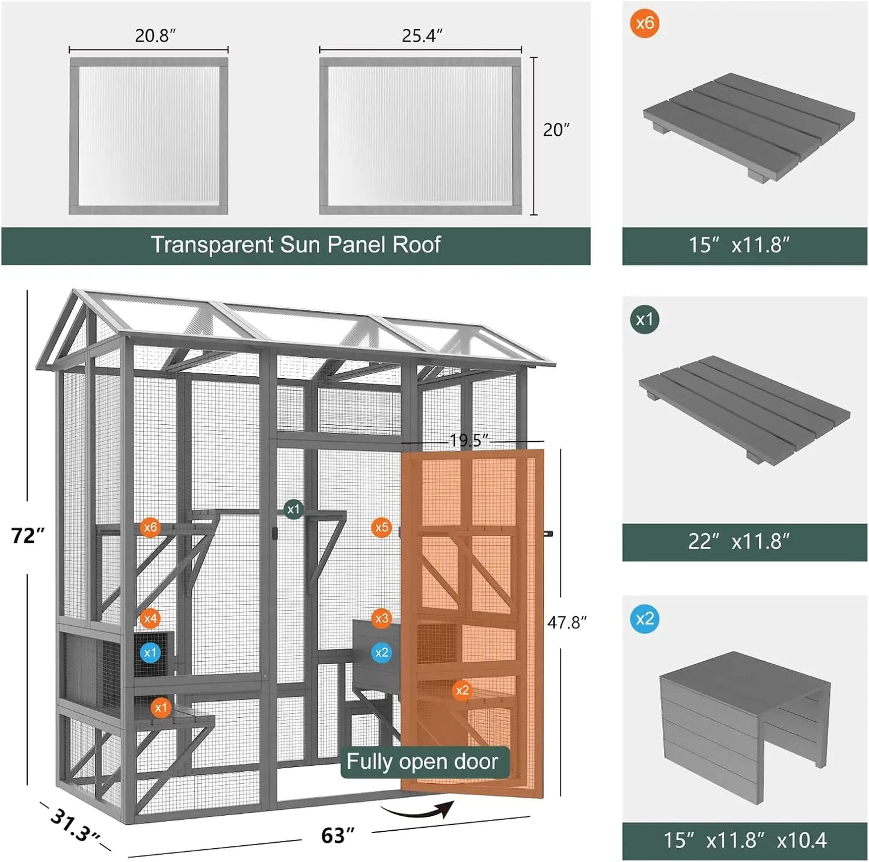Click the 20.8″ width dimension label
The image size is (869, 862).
tap(155, 36)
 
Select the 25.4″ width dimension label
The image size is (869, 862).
tap(422, 36)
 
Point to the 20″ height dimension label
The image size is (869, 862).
tap(556, 130)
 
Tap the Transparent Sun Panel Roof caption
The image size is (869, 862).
tap(295, 245)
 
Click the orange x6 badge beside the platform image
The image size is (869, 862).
tap(645, 23)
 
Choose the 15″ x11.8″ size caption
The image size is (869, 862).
tap(739, 245)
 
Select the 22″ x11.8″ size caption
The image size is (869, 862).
tap(739, 542)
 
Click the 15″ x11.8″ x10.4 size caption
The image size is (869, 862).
tap(745, 840)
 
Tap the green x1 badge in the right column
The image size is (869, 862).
tap(645, 320)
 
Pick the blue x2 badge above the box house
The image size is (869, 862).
tap(645, 619)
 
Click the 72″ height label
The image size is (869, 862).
tap(28, 535)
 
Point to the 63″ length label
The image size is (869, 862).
tap(337, 835)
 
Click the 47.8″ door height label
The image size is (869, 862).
tap(567, 622)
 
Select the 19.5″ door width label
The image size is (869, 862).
tap(469, 441)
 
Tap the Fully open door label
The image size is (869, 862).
tap(422, 762)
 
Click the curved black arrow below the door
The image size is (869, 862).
tap(418, 812)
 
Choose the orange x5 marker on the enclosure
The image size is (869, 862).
tap(382, 528)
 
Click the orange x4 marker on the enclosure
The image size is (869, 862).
tap(150, 618)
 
